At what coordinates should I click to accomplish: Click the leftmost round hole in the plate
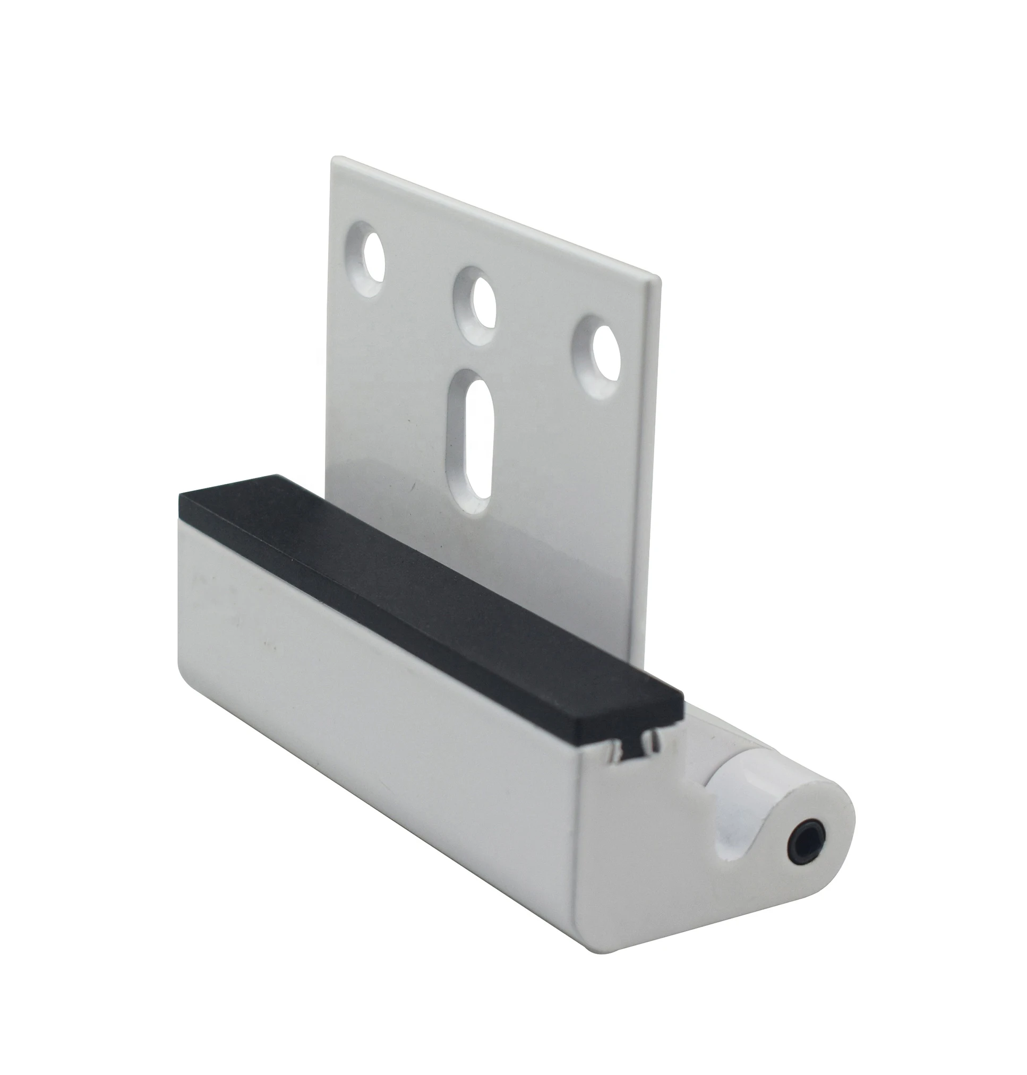tap(373, 258)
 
